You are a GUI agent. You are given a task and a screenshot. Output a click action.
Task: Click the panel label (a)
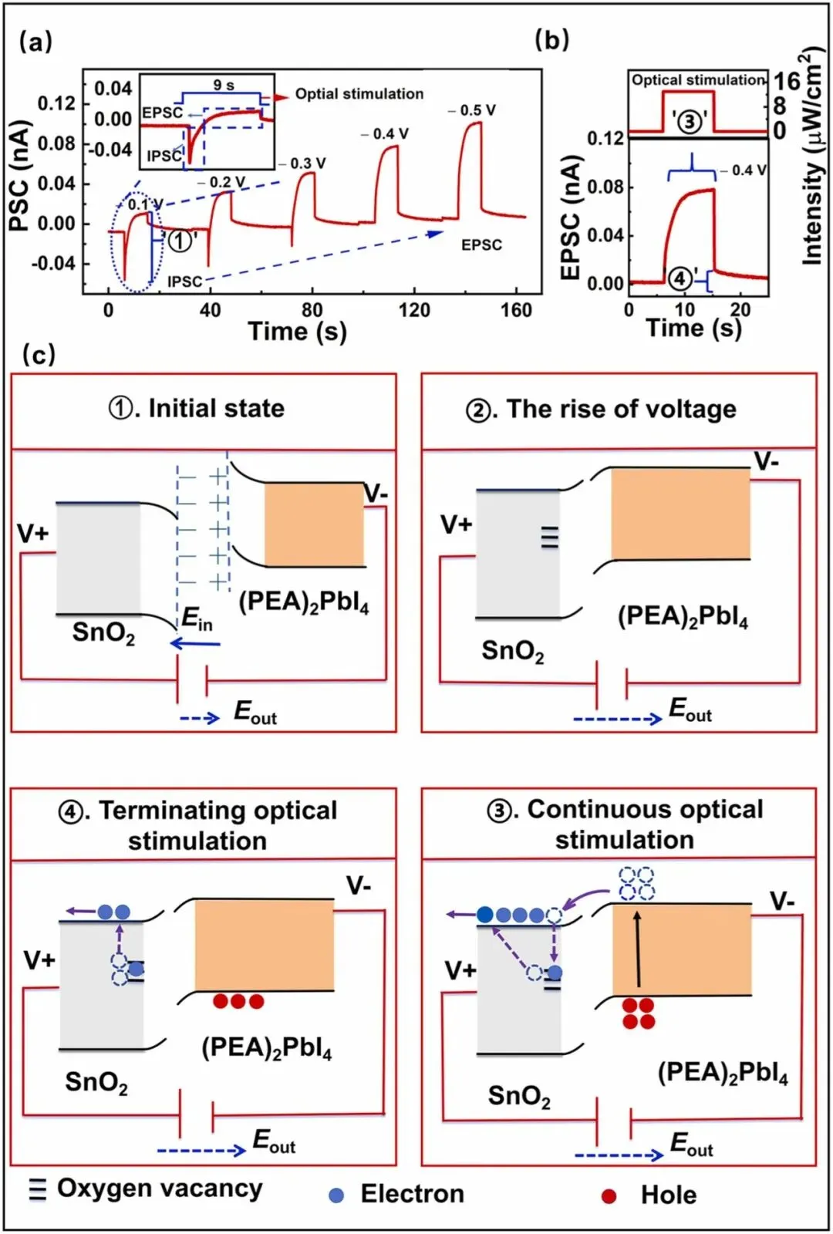click(35, 42)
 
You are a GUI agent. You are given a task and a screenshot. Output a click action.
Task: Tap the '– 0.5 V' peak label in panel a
click(472, 110)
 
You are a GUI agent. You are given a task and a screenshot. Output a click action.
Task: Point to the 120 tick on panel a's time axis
click(414, 310)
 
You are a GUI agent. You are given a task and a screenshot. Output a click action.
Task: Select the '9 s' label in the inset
click(224, 85)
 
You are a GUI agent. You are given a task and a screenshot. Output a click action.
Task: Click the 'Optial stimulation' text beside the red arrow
click(359, 94)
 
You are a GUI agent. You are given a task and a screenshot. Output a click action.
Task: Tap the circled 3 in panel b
click(690, 121)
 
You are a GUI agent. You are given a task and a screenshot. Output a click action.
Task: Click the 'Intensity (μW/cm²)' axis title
click(811, 158)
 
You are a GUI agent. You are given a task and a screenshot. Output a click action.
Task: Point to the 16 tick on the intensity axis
click(787, 81)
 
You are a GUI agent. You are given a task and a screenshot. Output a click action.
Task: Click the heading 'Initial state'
click(197, 408)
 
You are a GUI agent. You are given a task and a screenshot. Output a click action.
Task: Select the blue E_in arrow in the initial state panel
click(195, 643)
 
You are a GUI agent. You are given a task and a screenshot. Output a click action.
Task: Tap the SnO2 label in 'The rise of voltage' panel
click(513, 651)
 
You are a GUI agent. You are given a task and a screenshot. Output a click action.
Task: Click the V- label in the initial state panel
click(376, 494)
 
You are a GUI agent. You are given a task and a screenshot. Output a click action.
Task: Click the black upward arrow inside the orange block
click(638, 949)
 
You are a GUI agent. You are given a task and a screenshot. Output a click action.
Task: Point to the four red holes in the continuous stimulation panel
click(639, 1013)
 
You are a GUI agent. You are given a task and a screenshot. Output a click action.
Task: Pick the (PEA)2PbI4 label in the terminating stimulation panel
click(267, 1048)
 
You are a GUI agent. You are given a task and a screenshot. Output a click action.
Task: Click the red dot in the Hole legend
click(609, 1196)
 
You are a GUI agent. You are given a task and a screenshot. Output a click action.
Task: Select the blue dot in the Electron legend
click(336, 1195)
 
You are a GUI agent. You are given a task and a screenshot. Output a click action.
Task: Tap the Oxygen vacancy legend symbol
click(37, 1191)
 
